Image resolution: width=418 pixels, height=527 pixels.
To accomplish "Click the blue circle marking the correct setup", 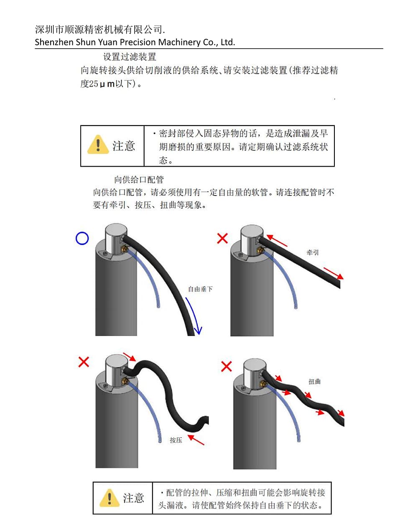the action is click(x=82, y=232).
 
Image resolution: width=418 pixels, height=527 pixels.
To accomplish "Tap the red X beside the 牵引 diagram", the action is click(x=222, y=238).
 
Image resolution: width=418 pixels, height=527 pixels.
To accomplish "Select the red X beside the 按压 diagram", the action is click(x=84, y=362).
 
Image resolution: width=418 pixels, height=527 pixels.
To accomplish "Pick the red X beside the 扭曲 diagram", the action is click(x=226, y=366).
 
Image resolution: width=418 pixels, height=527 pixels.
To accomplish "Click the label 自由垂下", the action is click(x=200, y=289).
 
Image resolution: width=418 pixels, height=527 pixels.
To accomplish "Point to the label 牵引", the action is click(x=313, y=252).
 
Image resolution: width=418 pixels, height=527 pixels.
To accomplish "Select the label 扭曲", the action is click(x=314, y=381).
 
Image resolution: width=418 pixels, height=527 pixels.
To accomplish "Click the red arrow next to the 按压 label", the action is click(x=196, y=440).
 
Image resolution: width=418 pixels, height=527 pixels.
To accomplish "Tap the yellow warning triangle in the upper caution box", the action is click(x=98, y=144).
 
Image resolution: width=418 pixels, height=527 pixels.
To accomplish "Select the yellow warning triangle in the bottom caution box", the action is click(x=110, y=498).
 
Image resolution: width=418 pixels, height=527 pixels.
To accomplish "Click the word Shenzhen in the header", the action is click(x=54, y=42).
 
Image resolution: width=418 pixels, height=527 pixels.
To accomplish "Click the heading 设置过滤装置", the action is click(x=130, y=57).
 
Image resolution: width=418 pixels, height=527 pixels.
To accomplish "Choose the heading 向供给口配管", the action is click(x=139, y=180).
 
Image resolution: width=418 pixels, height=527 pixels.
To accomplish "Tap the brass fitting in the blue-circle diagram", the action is click(x=125, y=249).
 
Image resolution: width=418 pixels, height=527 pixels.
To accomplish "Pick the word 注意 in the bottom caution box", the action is click(x=133, y=498).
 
